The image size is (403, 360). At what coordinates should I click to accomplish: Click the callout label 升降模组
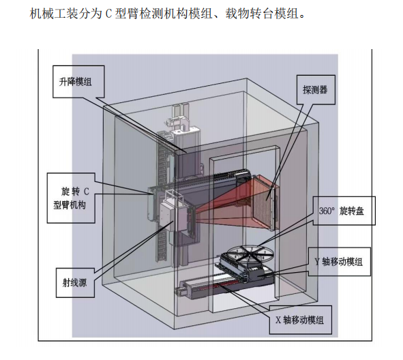point(78,82)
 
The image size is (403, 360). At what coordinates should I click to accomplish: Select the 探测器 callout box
point(316,90)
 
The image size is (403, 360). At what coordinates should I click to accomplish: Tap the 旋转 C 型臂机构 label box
point(71,198)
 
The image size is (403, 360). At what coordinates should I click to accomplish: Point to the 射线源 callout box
point(75,283)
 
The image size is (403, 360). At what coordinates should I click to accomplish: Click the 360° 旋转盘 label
point(344,211)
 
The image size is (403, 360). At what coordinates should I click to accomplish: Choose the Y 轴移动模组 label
point(340,262)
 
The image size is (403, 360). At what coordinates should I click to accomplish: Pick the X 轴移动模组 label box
point(300,320)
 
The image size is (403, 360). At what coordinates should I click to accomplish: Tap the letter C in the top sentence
point(108,14)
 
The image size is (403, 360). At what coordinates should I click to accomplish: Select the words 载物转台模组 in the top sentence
point(262,14)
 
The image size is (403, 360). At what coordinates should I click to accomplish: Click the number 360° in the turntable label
point(327,211)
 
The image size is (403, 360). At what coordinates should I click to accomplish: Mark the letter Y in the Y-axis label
point(318,262)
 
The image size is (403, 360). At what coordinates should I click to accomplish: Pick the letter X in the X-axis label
point(278,320)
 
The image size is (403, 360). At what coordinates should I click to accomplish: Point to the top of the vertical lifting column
point(181,106)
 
